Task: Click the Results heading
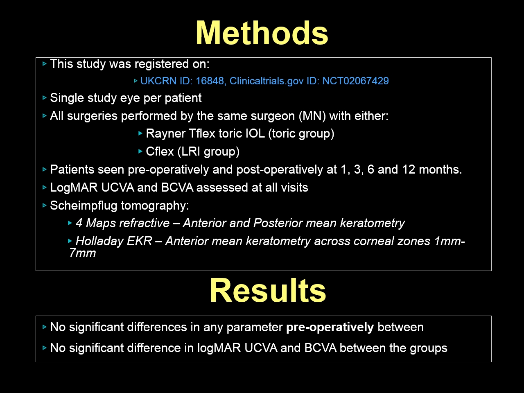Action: [x=268, y=291]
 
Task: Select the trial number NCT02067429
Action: [x=355, y=81]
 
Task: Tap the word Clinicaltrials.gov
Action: [x=267, y=81]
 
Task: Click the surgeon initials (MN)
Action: [x=312, y=116]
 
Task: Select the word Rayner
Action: [x=166, y=133]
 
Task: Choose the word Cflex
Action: [x=160, y=151]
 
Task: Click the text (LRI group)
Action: [x=208, y=151]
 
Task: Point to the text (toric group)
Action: [x=301, y=133]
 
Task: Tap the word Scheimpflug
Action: [x=84, y=206]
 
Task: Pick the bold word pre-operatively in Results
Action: [x=330, y=327]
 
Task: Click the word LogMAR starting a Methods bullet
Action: [x=74, y=187]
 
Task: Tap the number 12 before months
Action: [x=409, y=169]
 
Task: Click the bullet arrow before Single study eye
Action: [x=44, y=98]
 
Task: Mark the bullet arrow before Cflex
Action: [x=140, y=151]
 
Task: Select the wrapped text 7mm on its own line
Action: [x=82, y=253]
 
